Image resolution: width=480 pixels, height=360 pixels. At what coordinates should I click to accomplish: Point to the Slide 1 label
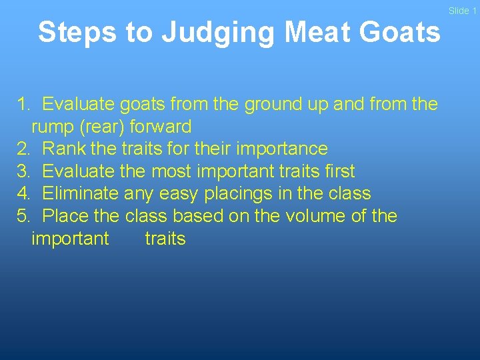click(x=462, y=11)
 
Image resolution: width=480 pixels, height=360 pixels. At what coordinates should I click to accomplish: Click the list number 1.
click(x=23, y=104)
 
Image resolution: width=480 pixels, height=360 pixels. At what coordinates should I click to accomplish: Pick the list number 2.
click(x=23, y=149)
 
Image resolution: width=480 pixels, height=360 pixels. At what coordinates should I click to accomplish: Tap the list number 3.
click(x=23, y=171)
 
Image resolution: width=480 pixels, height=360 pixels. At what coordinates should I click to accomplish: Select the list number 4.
click(x=23, y=194)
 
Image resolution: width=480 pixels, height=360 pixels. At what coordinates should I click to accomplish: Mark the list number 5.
click(x=23, y=216)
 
